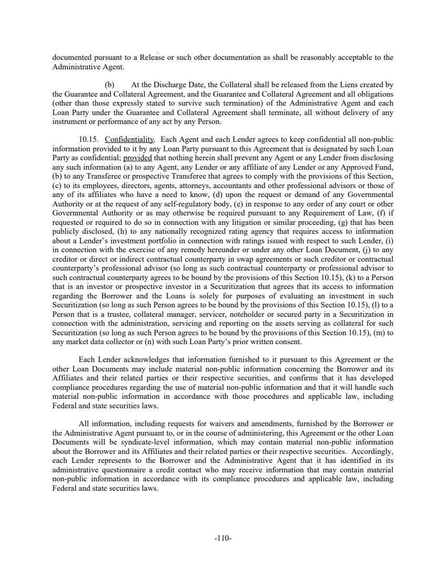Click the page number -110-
[223, 539]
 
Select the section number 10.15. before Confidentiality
[87, 139]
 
